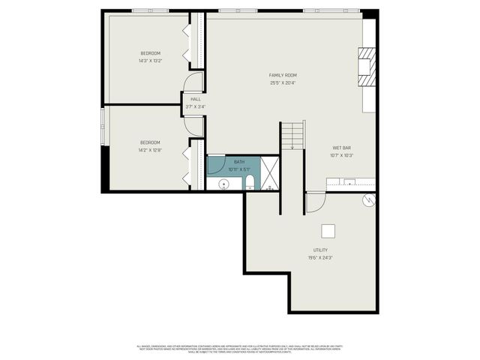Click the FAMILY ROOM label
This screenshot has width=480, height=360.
pos(283,75)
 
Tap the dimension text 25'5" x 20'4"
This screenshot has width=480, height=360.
pos(283,82)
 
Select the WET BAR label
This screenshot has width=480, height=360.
pos(341,148)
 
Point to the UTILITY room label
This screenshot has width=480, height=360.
pos(320,250)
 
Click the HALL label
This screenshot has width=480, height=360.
pos(196,99)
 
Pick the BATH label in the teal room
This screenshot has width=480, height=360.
pos(239,162)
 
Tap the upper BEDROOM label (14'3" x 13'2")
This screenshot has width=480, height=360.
pos(150,53)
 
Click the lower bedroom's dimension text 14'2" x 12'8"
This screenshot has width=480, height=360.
pos(150,150)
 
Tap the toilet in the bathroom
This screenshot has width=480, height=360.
pos(249,183)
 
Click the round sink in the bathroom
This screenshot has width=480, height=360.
pos(221,183)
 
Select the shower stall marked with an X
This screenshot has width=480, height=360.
pos(270,173)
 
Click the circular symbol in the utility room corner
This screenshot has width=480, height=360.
pos(367,199)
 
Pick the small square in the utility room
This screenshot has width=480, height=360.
pos(328,231)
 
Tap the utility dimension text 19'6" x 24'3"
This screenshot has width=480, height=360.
pos(320,257)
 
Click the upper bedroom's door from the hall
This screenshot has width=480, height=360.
pos(194,82)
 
